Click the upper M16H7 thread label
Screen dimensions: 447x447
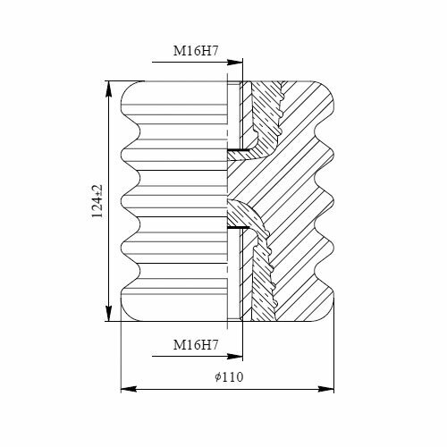(x=196, y=51)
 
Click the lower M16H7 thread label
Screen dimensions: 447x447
(x=196, y=345)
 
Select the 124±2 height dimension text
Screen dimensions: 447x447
(x=97, y=201)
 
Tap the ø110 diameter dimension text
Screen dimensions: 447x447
(x=229, y=377)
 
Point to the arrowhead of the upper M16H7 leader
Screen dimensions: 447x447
(x=235, y=63)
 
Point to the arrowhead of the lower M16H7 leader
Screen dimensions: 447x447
(x=235, y=356)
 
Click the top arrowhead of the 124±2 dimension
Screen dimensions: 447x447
(x=109, y=89)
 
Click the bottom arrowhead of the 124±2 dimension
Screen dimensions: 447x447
(x=109, y=314)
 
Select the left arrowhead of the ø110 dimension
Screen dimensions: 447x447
(x=129, y=389)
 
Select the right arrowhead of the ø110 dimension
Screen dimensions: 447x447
(x=325, y=389)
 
